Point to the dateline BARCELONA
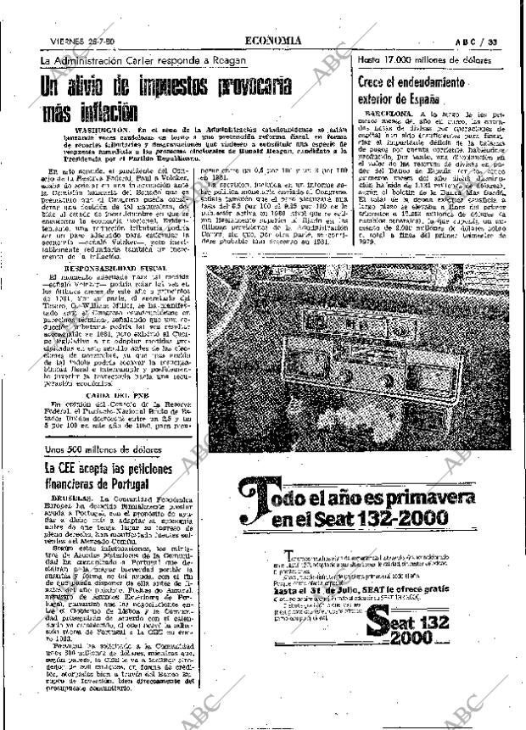tap(390, 112)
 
